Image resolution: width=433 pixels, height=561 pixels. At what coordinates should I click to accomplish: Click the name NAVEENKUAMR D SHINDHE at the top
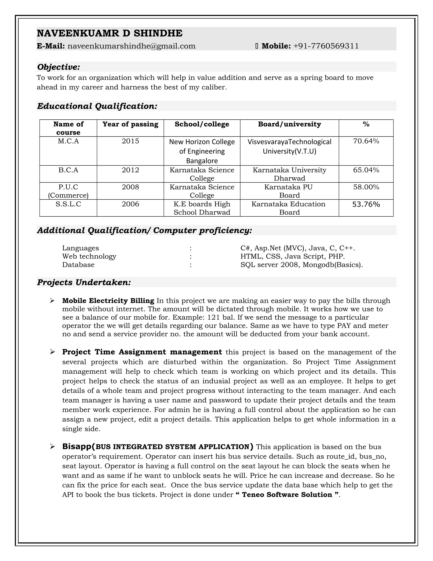click(x=110, y=33)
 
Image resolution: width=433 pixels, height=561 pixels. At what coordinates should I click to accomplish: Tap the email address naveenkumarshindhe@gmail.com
click(x=131, y=46)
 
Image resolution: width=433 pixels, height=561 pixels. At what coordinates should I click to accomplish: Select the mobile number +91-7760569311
click(x=326, y=46)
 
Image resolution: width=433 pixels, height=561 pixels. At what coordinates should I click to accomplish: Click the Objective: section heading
click(x=59, y=67)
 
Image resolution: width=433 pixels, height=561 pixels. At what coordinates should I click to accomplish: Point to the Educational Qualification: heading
click(x=97, y=106)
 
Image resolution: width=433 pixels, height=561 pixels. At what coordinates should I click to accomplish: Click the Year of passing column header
click(x=130, y=124)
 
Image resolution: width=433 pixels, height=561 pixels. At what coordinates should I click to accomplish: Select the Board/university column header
click(x=289, y=124)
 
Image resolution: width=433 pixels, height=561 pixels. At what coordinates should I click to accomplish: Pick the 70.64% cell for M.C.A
click(x=366, y=141)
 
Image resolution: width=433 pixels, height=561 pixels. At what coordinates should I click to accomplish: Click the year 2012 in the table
click(x=130, y=170)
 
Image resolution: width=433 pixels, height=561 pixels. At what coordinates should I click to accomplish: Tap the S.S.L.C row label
click(x=68, y=204)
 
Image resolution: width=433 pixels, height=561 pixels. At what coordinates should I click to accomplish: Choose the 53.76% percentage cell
click(x=366, y=205)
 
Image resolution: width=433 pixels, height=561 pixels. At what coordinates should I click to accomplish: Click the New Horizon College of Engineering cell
click(x=202, y=151)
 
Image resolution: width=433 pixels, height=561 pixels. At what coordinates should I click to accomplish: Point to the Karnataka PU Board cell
click(x=289, y=191)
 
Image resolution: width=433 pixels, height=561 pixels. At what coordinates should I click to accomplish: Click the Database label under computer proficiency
click(x=78, y=265)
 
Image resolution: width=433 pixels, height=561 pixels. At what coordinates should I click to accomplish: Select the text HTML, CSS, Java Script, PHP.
click(x=292, y=256)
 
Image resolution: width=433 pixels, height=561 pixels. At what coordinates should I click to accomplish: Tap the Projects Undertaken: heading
click(x=84, y=282)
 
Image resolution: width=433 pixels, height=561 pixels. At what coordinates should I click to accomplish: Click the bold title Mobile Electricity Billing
click(x=108, y=301)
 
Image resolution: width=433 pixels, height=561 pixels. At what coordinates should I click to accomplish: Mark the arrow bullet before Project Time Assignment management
click(x=52, y=352)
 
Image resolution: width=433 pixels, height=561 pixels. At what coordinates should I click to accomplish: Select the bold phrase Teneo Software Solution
click(x=287, y=495)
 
